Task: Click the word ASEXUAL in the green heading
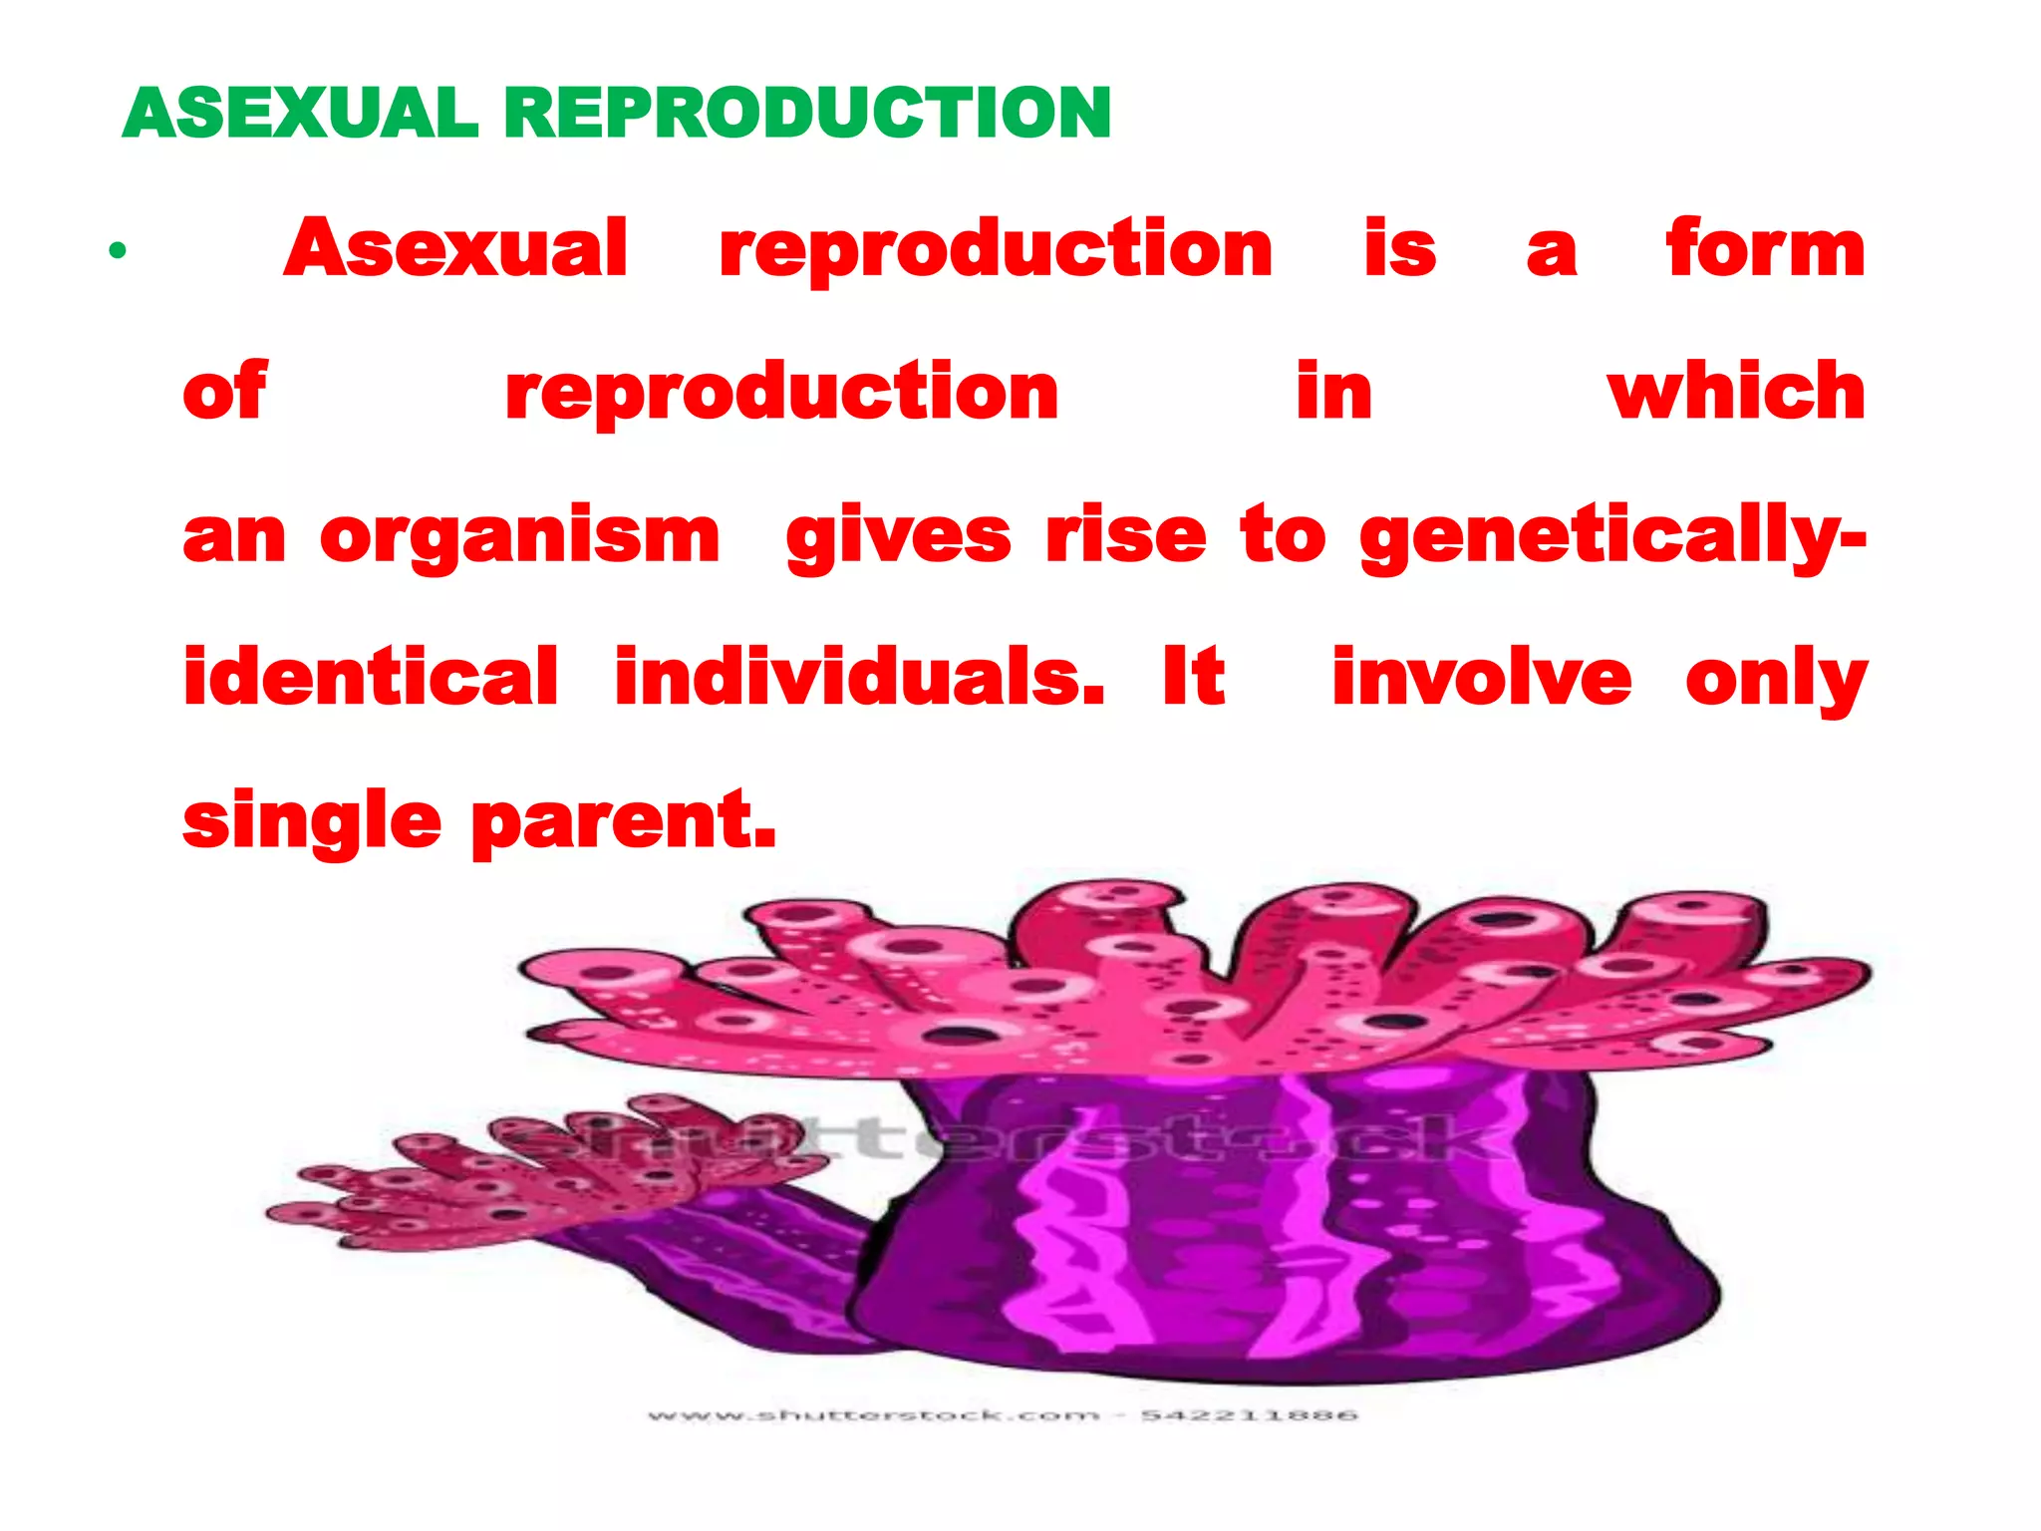300,113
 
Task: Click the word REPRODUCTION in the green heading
807,113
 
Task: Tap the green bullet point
118,250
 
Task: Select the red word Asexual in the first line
456,249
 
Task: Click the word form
1765,249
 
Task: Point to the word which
1736,392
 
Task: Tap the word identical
371,678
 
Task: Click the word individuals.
859,678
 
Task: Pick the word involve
1481,678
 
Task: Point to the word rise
1125,536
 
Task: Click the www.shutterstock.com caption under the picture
1002,1415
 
